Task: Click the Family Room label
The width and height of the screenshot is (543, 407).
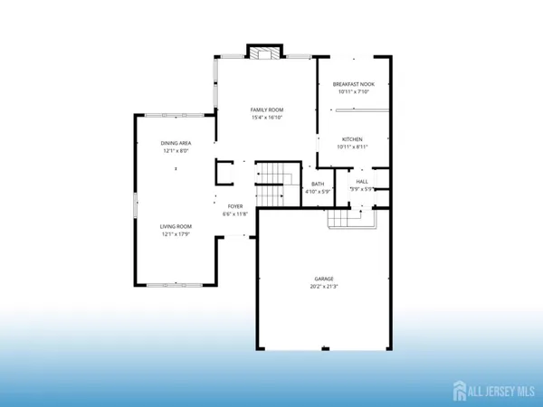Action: click(266, 109)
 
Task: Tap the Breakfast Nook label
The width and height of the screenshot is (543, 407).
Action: click(353, 84)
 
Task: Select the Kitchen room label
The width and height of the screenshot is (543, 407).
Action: click(352, 139)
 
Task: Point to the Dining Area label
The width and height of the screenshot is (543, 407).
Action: click(176, 143)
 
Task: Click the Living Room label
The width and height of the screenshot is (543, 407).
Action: click(176, 226)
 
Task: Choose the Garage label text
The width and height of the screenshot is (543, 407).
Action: click(324, 279)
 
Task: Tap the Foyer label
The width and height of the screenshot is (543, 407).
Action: click(234, 205)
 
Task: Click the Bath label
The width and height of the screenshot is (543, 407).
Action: click(317, 184)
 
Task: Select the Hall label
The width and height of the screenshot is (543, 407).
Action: click(361, 181)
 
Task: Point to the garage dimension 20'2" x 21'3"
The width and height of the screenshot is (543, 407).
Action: click(324, 287)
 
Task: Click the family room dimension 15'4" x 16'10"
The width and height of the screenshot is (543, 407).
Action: click(266, 118)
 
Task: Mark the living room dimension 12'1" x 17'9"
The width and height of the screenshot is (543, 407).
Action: click(176, 234)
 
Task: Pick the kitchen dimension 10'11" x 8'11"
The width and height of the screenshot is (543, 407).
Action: click(352, 147)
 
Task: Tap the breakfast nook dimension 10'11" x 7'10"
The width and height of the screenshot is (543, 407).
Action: click(353, 92)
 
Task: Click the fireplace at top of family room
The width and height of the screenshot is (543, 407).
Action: click(266, 52)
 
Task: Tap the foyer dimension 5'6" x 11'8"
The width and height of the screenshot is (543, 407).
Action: click(234, 213)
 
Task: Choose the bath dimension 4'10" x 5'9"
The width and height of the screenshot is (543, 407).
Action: click(317, 192)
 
